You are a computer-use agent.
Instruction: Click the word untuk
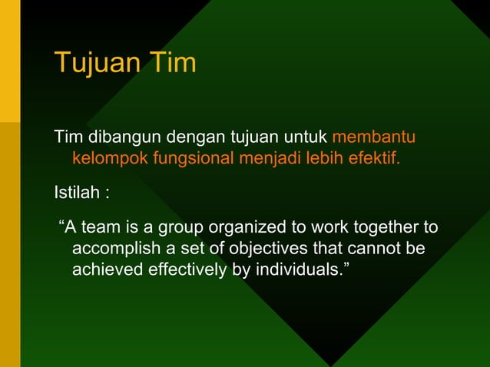click(x=306, y=139)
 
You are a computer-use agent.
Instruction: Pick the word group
click(x=184, y=228)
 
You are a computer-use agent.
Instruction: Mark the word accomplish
click(x=114, y=250)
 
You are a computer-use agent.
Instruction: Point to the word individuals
click(x=296, y=271)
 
